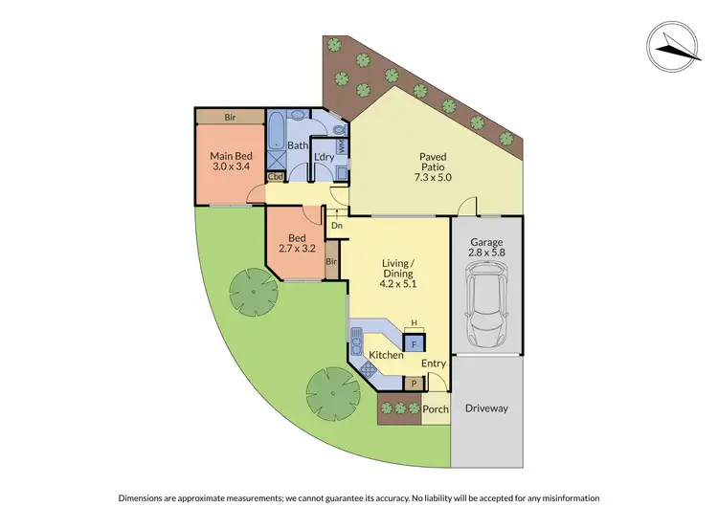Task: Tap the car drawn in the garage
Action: coord(487,306)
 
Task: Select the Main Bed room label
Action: coord(231,163)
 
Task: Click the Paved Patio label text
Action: coord(436,170)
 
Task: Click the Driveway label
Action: coord(486,408)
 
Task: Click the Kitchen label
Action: coord(385,355)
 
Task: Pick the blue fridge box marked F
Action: coord(414,342)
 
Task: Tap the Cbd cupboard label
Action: coord(276,177)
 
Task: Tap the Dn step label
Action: coord(336,226)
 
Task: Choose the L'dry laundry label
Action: coord(324,156)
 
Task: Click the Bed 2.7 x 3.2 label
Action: coord(298,242)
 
